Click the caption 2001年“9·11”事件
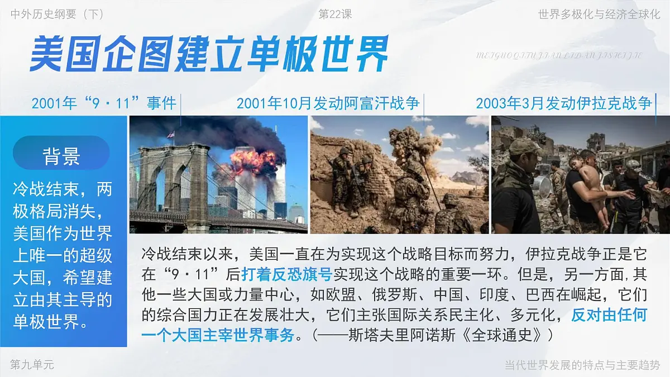coord(104,103)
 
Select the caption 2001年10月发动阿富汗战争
coord(328,103)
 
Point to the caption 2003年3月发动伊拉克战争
coord(563,103)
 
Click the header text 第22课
coord(335,15)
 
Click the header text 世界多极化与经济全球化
coord(599,15)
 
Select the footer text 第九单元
coord(32,365)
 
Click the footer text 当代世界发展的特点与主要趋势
coord(582,365)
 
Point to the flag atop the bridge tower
coord(171,134)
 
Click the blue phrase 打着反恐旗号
coord(286,274)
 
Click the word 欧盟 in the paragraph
coord(314,295)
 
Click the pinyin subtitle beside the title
coord(559,55)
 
